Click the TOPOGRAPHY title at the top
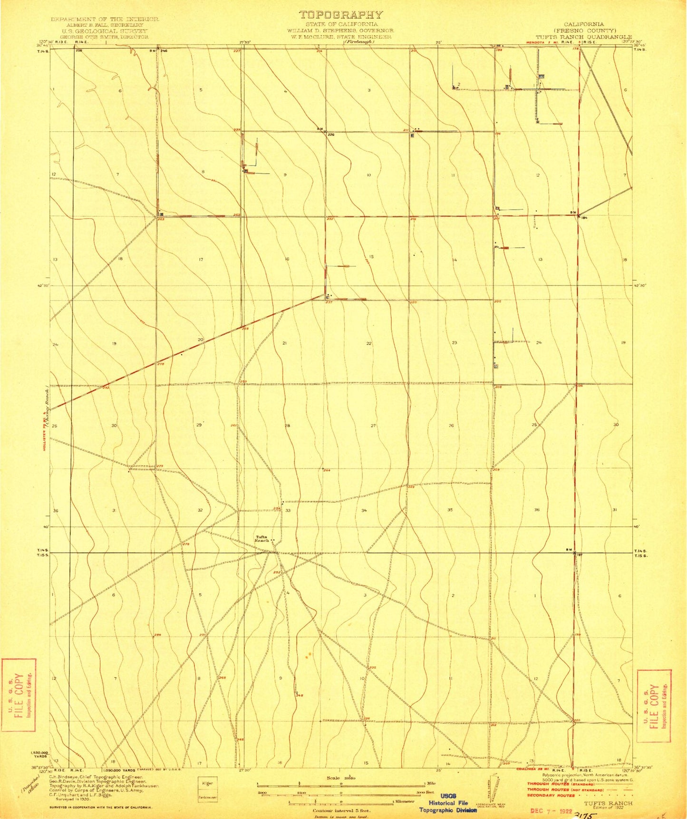[340, 15]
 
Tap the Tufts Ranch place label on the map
[262, 539]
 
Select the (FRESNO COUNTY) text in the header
[584, 30]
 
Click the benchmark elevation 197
[579, 555]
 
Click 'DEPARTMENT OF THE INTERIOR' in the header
[105, 19]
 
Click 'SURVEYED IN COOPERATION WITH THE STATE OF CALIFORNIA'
[101, 807]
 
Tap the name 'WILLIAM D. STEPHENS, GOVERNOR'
[340, 30]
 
